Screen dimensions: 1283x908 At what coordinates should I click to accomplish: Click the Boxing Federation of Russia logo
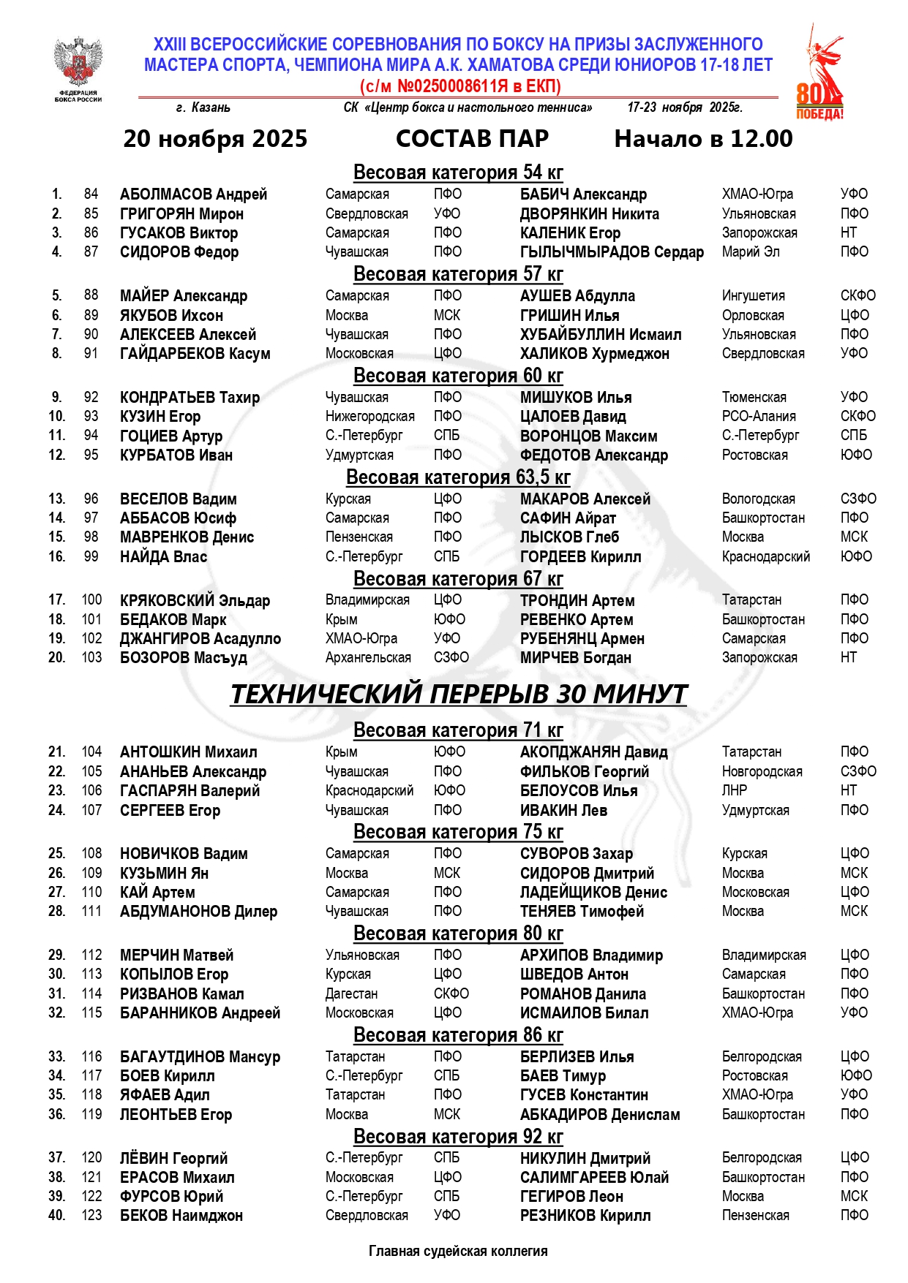coord(78,68)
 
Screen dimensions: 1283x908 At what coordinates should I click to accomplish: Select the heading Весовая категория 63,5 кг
coord(458,477)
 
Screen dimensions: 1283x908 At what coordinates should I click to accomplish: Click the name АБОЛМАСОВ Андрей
coord(193,194)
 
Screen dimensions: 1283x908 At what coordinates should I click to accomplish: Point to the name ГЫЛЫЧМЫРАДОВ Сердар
coord(612,252)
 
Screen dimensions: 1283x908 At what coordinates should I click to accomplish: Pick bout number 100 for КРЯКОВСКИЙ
coord(91,600)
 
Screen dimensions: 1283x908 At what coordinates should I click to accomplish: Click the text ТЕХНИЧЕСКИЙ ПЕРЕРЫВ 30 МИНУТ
coord(459,694)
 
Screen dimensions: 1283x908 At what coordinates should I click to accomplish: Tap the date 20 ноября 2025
coord(215,139)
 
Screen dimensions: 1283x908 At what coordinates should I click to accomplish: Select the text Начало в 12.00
coord(703,139)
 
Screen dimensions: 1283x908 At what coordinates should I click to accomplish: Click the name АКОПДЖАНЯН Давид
coord(593,752)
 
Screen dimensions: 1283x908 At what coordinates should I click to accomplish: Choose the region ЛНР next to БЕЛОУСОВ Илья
coord(734,791)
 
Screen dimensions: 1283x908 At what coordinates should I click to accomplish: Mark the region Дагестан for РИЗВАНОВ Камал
coord(351,994)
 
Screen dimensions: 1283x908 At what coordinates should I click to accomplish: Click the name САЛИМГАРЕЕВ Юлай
coord(594,1178)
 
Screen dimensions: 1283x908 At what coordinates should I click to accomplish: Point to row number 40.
coord(56,1216)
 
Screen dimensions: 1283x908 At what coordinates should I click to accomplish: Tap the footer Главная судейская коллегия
coord(458,1252)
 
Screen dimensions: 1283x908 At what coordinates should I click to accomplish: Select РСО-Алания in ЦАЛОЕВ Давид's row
coord(758,417)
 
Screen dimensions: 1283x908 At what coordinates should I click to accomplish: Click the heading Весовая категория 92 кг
coord(458,1138)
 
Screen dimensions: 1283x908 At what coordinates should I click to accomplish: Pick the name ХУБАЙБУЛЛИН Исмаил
coord(600,335)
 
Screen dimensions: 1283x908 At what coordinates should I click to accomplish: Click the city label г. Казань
coord(203,108)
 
